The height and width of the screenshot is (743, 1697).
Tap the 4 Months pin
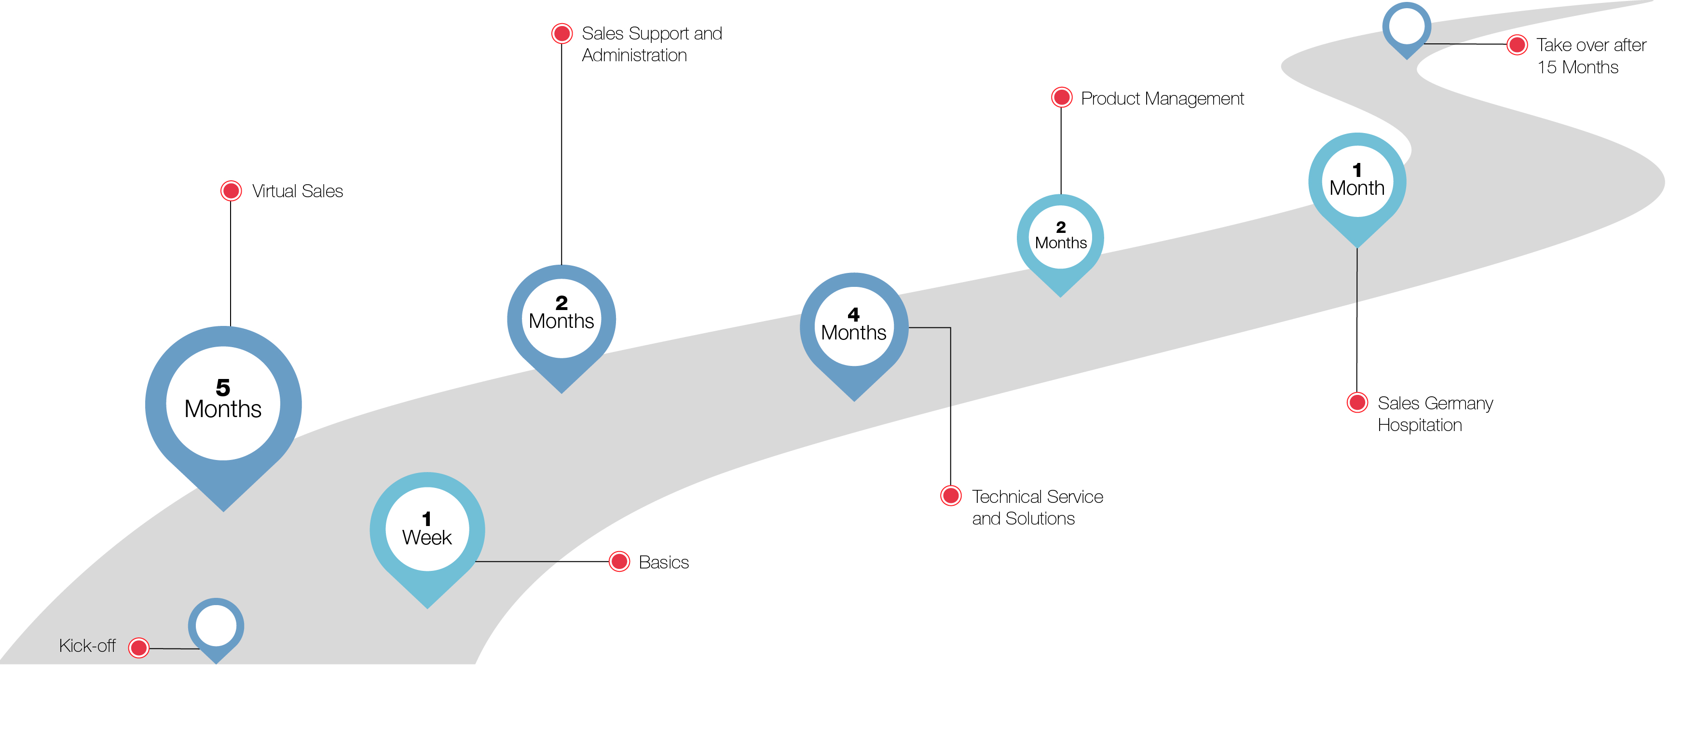pos(854,326)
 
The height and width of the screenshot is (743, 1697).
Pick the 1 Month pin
pos(1357,181)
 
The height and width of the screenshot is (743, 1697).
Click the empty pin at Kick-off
pos(216,626)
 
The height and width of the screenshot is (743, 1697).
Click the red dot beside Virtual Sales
pos(231,191)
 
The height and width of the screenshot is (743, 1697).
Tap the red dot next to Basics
pos(619,562)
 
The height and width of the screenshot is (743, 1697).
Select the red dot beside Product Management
pos(1061,97)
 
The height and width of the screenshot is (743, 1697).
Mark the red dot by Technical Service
pos(951,496)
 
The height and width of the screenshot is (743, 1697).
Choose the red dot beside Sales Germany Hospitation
pos(1357,403)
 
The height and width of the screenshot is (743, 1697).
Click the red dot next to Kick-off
pos(139,648)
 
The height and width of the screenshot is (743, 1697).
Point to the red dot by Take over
pos(1517,45)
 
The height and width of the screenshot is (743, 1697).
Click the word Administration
pos(634,55)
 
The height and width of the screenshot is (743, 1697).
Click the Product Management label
pos(1162,99)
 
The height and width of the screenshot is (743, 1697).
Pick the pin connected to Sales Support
pos(561,320)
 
